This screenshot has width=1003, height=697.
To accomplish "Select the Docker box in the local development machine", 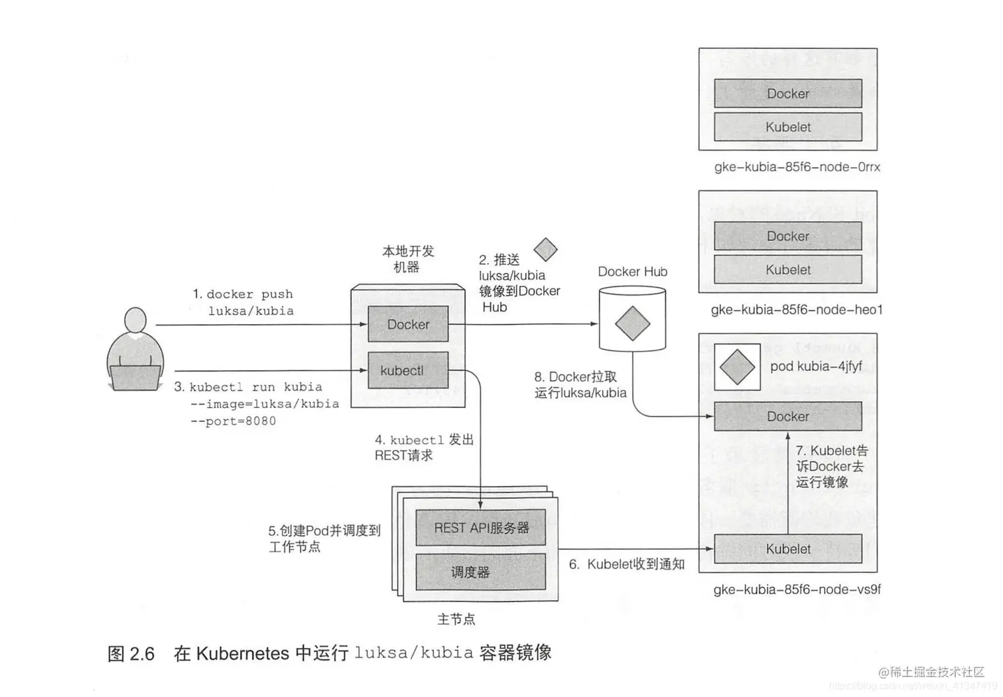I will (x=408, y=324).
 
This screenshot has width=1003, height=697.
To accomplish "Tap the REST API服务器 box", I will (x=481, y=528).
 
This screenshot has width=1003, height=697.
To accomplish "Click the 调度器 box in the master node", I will (x=481, y=572).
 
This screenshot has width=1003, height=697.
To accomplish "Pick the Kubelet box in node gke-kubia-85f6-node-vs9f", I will (x=787, y=549).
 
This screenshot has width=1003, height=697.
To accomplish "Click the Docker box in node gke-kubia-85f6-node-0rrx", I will (x=787, y=94).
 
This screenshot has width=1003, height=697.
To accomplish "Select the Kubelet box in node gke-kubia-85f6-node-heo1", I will (x=787, y=270).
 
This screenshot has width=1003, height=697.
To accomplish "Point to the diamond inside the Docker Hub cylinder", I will (x=632, y=324).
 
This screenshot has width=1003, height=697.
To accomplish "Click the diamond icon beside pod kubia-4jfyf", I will (x=737, y=367).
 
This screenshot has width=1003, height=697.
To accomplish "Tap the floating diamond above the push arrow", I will (x=545, y=250).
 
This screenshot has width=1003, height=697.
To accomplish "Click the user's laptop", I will (x=135, y=378).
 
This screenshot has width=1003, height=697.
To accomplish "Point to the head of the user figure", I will (x=135, y=320).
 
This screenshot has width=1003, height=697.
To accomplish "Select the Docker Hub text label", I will (x=632, y=272).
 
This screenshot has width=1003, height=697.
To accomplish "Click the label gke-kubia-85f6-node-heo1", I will (x=796, y=310).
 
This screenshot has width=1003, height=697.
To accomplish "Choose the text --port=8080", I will (x=233, y=421).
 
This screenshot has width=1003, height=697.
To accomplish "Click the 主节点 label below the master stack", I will (x=456, y=619).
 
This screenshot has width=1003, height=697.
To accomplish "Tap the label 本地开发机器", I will (x=407, y=259).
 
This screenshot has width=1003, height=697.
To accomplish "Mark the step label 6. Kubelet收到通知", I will (x=627, y=564).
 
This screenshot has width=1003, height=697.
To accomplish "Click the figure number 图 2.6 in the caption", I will (x=131, y=654).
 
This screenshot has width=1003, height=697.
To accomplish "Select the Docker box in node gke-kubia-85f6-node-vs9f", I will (x=787, y=416).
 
